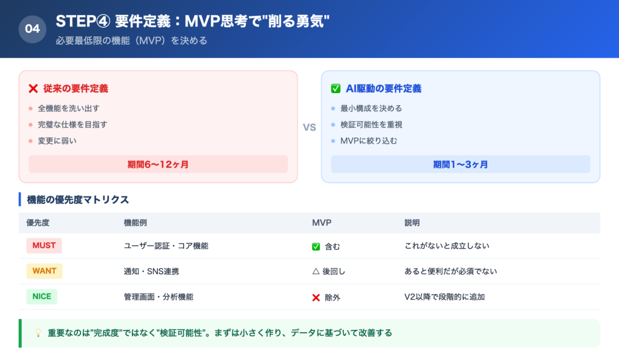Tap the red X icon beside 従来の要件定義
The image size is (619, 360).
33,89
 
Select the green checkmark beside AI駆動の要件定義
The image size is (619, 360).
335,89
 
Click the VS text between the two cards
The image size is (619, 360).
309,127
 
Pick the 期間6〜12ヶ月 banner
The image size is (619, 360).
158,164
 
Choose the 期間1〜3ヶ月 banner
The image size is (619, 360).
461,164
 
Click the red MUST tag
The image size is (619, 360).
44,246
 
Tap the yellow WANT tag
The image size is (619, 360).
44,271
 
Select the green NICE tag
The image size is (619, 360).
42,297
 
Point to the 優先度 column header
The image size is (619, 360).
38,223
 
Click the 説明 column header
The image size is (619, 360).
412,223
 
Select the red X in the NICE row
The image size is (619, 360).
316,297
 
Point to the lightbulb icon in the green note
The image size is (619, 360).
37,333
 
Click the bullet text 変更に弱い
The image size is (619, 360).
57,141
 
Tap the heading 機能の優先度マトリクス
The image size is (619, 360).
78,199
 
